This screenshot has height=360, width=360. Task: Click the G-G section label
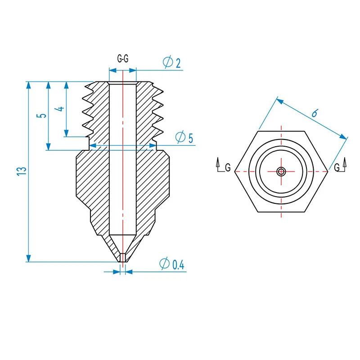point(122,59)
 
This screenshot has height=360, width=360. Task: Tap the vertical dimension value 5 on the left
point(42,115)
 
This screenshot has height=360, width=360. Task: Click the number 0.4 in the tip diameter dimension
point(178,265)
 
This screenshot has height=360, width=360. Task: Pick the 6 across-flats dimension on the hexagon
point(315,113)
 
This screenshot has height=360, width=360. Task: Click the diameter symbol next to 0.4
point(164,265)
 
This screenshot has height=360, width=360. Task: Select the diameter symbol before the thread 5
point(180,137)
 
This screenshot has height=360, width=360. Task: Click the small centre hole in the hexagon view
point(281,171)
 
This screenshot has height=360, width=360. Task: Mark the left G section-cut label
point(228,167)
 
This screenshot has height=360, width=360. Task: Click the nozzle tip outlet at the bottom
point(122,258)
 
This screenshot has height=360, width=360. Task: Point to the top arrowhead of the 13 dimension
point(29,85)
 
